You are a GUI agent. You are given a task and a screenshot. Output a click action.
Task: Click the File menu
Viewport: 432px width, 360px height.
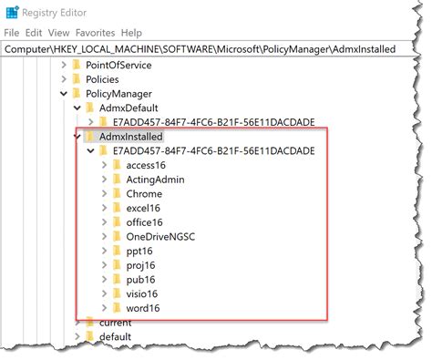(12, 31)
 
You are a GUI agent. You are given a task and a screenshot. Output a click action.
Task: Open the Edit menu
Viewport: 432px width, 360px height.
(33, 31)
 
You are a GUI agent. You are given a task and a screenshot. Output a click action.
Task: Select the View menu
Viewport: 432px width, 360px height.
(58, 31)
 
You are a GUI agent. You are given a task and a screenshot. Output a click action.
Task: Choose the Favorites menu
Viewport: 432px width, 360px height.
(94, 31)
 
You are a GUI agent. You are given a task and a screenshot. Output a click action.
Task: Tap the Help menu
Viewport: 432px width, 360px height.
(132, 31)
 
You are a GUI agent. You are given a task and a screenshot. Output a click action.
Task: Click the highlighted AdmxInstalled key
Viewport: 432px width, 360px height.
(135, 136)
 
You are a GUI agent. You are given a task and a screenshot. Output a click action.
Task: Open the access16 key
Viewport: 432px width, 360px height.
(146, 165)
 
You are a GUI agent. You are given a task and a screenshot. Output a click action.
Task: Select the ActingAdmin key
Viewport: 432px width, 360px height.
(155, 180)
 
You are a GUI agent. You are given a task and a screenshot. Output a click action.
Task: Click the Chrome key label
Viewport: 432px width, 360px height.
(144, 194)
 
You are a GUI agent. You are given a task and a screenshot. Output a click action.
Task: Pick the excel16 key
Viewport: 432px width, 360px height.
(143, 209)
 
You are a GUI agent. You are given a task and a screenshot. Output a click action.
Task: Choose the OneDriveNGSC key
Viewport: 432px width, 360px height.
(161, 237)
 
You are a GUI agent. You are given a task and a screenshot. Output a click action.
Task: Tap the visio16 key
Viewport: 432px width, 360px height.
(143, 294)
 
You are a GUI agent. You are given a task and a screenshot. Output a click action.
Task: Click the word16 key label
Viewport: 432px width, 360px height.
(144, 309)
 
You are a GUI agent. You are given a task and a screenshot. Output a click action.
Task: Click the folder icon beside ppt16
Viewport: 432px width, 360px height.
(116, 252)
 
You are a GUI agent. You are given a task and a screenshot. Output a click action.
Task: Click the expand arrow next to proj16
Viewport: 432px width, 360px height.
(103, 266)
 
